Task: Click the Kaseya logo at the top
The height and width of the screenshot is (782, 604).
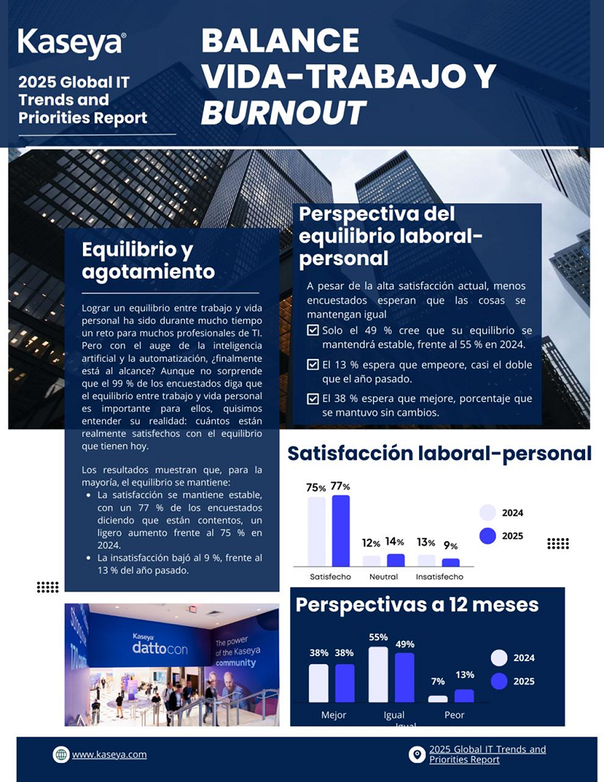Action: pyautogui.click(x=72, y=43)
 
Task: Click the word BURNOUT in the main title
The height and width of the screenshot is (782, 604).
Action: pyautogui.click(x=283, y=112)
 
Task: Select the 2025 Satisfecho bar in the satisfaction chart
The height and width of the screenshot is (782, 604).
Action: pyautogui.click(x=341, y=530)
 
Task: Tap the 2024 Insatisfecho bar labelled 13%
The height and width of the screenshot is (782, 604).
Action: pyautogui.click(x=427, y=560)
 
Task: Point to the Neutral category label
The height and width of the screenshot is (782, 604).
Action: pyautogui.click(x=384, y=576)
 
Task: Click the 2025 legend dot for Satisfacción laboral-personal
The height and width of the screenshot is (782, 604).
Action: pyautogui.click(x=488, y=536)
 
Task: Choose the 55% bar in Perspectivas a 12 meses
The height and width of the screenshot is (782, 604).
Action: pyautogui.click(x=378, y=674)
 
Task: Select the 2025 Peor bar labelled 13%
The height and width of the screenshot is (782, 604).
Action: pyautogui.click(x=464, y=695)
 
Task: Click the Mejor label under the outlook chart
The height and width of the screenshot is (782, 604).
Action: pyautogui.click(x=334, y=715)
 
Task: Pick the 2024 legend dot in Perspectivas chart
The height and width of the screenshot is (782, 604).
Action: pyautogui.click(x=499, y=657)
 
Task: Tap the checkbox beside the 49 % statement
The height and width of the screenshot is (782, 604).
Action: pyautogui.click(x=313, y=331)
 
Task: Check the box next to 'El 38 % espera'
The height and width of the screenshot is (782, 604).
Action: pyautogui.click(x=313, y=399)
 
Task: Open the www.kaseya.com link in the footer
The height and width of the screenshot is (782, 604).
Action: pyautogui.click(x=109, y=754)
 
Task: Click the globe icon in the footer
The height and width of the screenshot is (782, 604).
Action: pyautogui.click(x=61, y=754)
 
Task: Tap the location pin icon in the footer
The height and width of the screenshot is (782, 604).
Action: pyautogui.click(x=417, y=754)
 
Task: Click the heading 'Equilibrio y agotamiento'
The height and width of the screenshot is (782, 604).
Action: pyautogui.click(x=148, y=261)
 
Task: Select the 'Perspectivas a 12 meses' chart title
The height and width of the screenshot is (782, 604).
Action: pyautogui.click(x=417, y=604)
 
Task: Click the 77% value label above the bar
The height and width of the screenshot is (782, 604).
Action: pyautogui.click(x=341, y=486)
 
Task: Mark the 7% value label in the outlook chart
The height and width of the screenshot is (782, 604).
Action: pyautogui.click(x=438, y=682)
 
